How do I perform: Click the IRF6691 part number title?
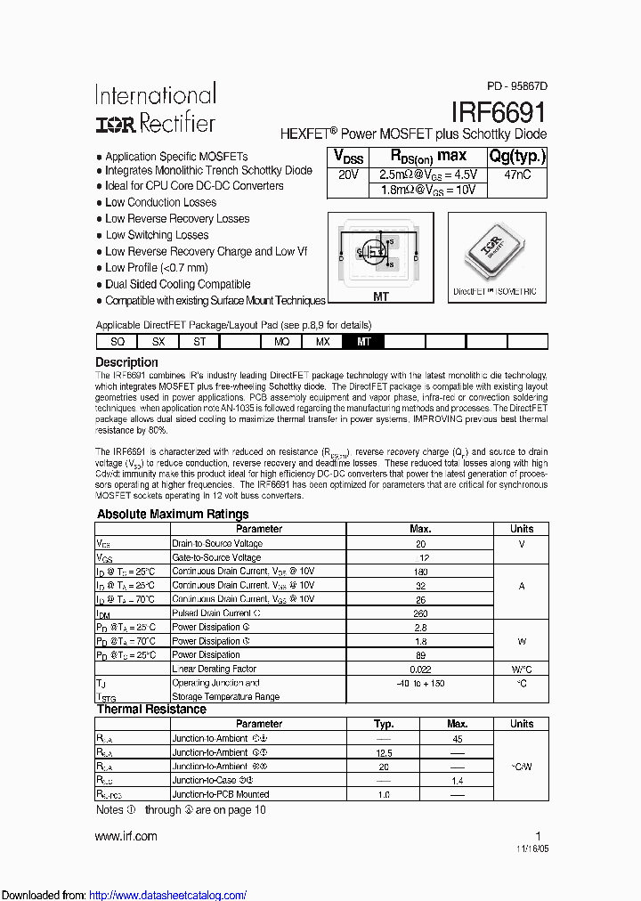point(499,112)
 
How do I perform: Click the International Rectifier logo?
point(155,109)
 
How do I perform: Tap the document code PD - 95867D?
point(517,86)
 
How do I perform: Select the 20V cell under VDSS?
point(348,175)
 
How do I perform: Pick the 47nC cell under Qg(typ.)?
point(517,175)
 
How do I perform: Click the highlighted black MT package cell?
point(363,341)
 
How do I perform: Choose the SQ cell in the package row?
point(117,341)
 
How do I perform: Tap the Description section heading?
point(126,362)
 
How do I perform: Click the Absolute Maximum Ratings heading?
point(173,514)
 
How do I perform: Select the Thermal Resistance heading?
point(150,710)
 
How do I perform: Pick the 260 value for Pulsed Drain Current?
point(420,613)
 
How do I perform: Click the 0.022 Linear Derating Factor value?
point(420,669)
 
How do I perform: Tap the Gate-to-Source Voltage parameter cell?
point(217,557)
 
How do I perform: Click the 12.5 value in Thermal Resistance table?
point(384,752)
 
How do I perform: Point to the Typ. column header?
point(384,724)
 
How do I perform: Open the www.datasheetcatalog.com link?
point(168,895)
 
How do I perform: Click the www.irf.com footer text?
point(126,836)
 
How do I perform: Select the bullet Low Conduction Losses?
point(160,202)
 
